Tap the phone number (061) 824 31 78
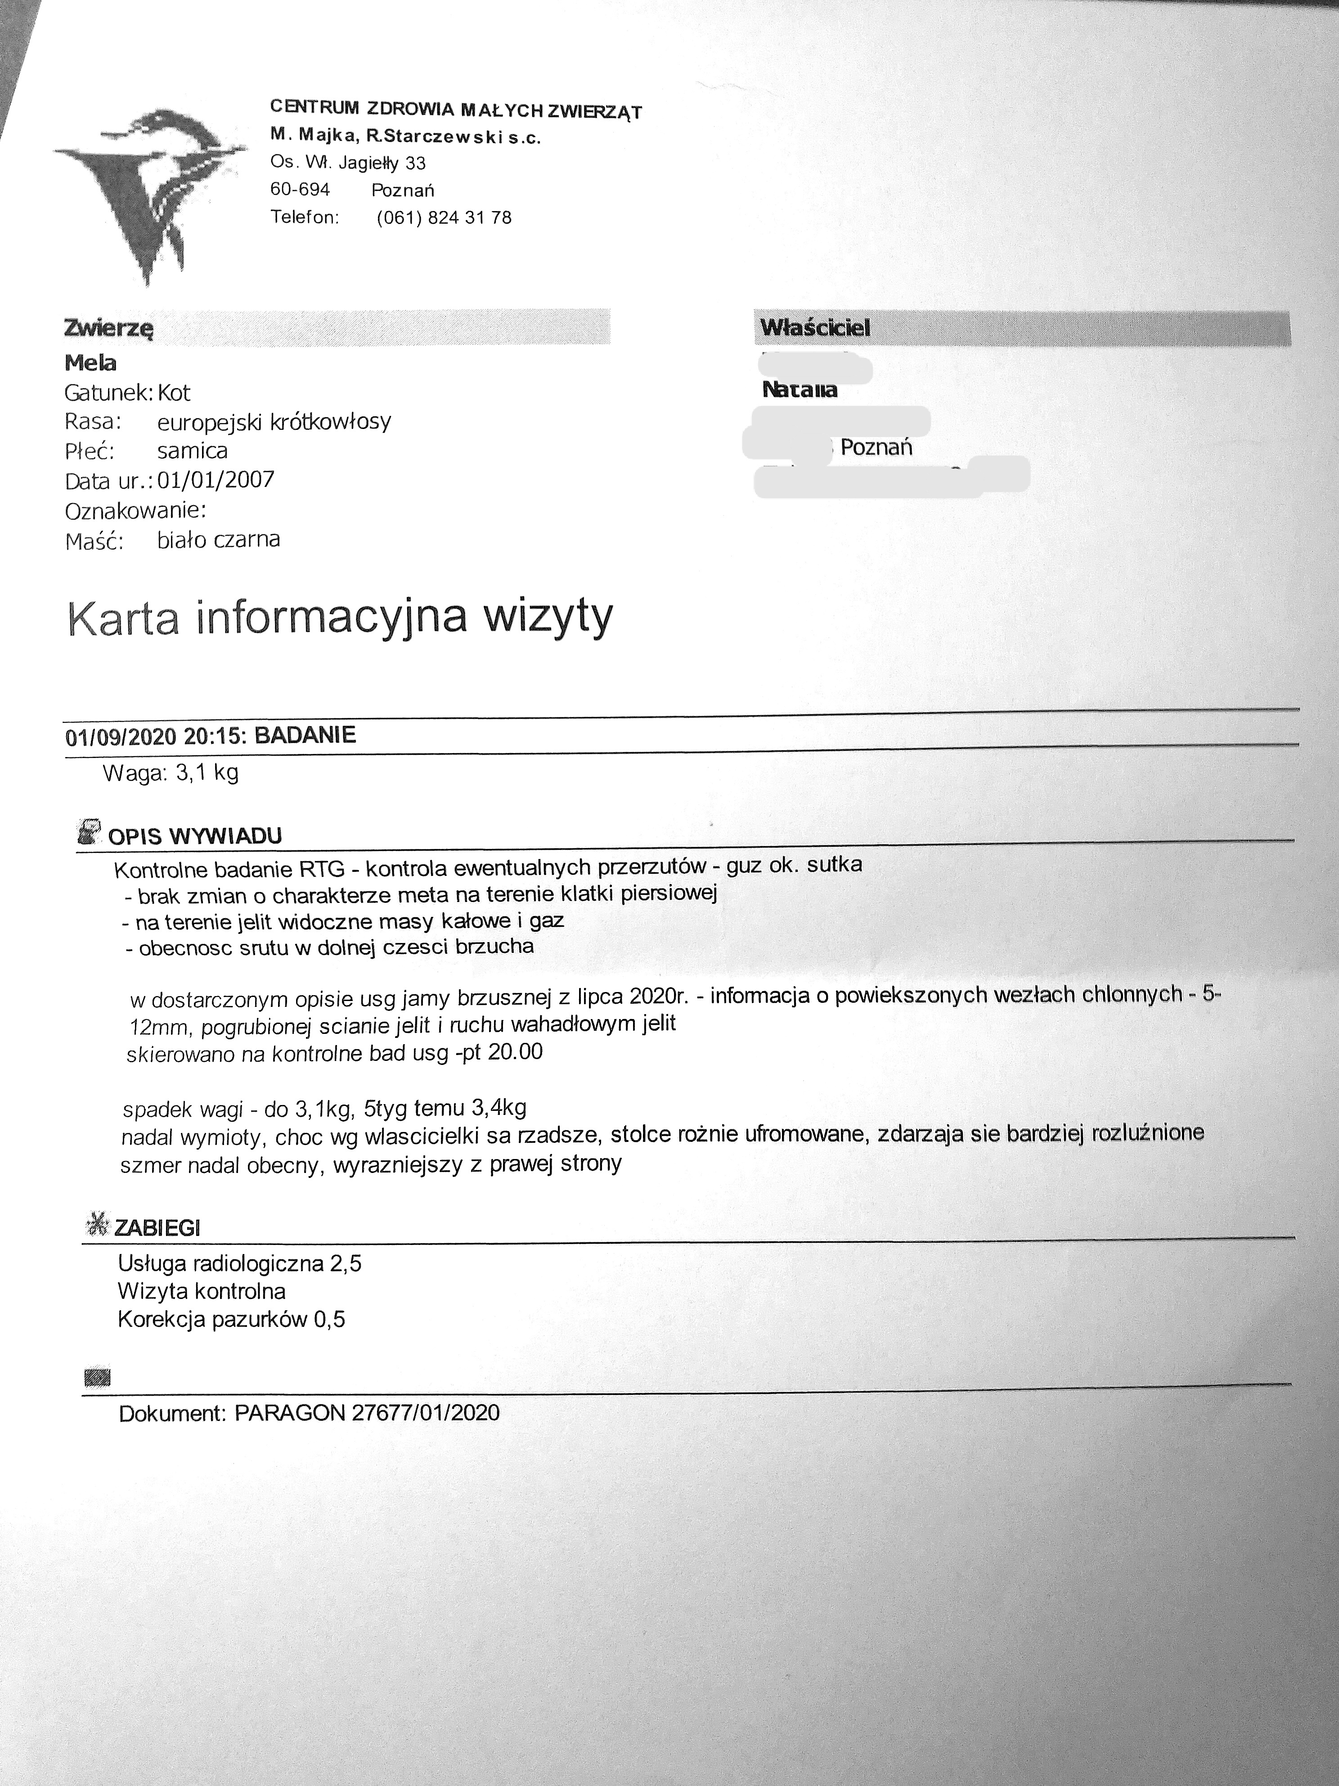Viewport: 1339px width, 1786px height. point(444,218)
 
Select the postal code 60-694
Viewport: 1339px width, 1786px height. point(300,190)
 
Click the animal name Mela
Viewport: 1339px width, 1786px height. point(90,363)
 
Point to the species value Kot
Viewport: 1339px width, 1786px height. point(174,393)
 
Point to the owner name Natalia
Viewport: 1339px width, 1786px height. point(799,390)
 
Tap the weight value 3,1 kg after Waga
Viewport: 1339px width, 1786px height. point(207,773)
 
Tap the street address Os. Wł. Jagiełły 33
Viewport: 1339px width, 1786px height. point(348,163)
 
